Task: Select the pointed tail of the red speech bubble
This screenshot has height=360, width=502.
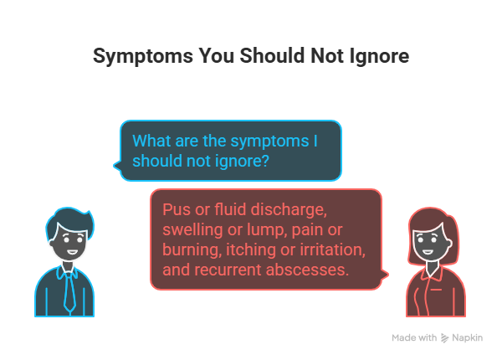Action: (x=386, y=274)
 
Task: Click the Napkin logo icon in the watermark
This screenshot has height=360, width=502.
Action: (x=444, y=337)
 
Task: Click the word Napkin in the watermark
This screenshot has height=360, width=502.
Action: (x=469, y=337)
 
